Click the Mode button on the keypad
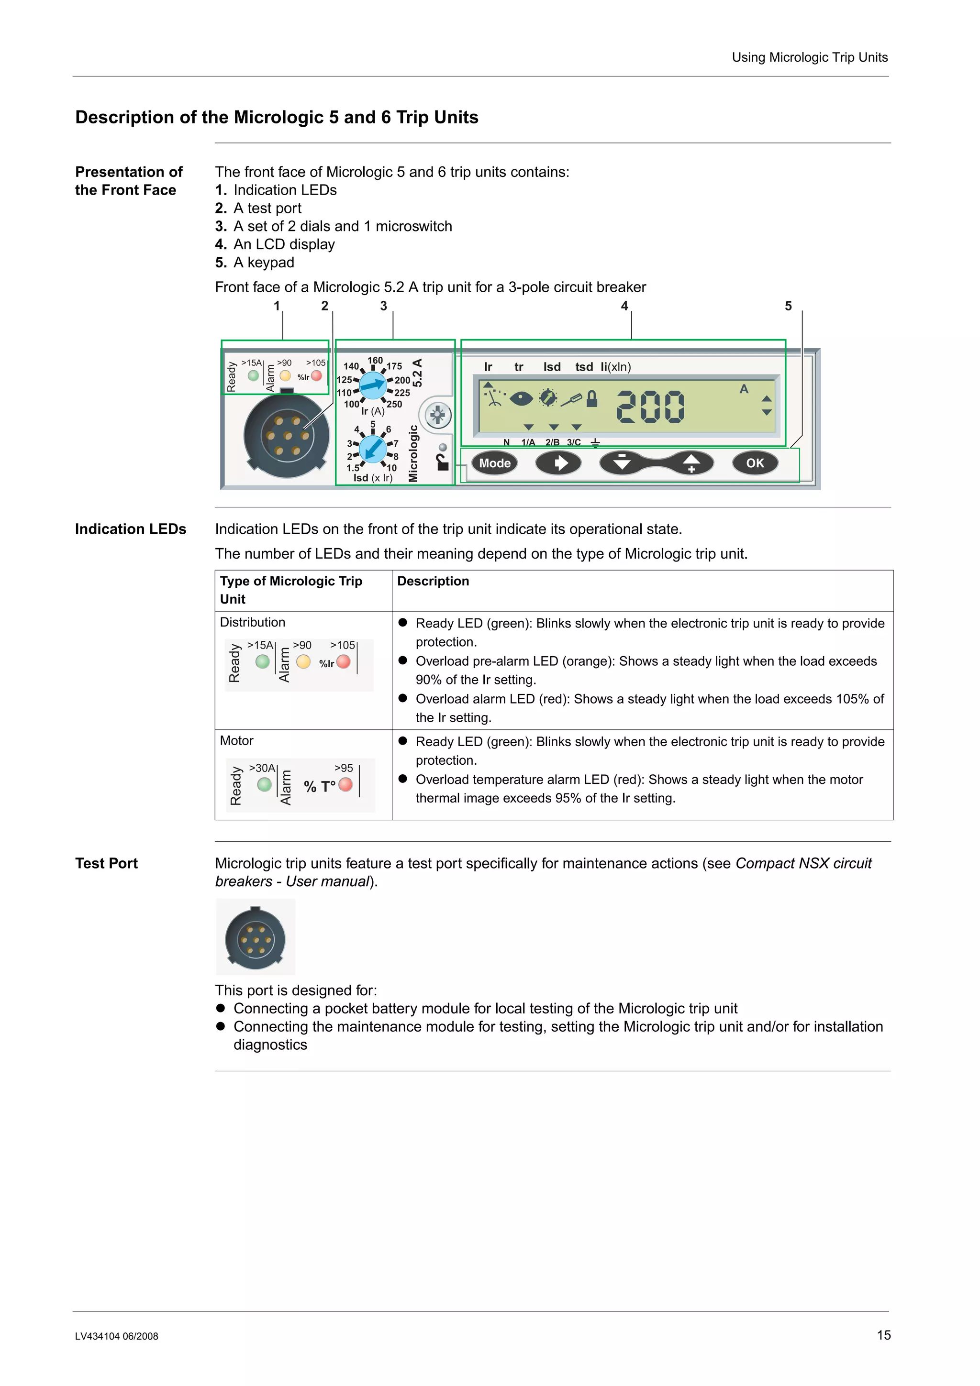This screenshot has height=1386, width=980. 494,463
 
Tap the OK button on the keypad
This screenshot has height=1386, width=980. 755,463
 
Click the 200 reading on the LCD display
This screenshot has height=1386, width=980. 650,406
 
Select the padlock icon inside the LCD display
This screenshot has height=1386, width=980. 592,398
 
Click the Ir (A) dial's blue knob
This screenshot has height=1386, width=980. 373,385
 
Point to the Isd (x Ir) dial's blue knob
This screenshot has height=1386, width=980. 373,449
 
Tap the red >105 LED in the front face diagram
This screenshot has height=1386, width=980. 316,376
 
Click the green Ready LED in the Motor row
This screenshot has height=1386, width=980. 264,784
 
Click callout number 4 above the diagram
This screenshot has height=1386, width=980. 624,306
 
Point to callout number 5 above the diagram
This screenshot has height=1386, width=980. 788,306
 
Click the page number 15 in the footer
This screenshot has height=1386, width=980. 883,1335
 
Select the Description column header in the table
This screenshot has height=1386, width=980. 433,581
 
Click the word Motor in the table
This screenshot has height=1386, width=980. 237,741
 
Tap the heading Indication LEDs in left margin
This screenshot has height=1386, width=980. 131,529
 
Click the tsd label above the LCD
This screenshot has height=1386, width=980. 583,367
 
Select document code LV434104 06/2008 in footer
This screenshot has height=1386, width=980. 117,1336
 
